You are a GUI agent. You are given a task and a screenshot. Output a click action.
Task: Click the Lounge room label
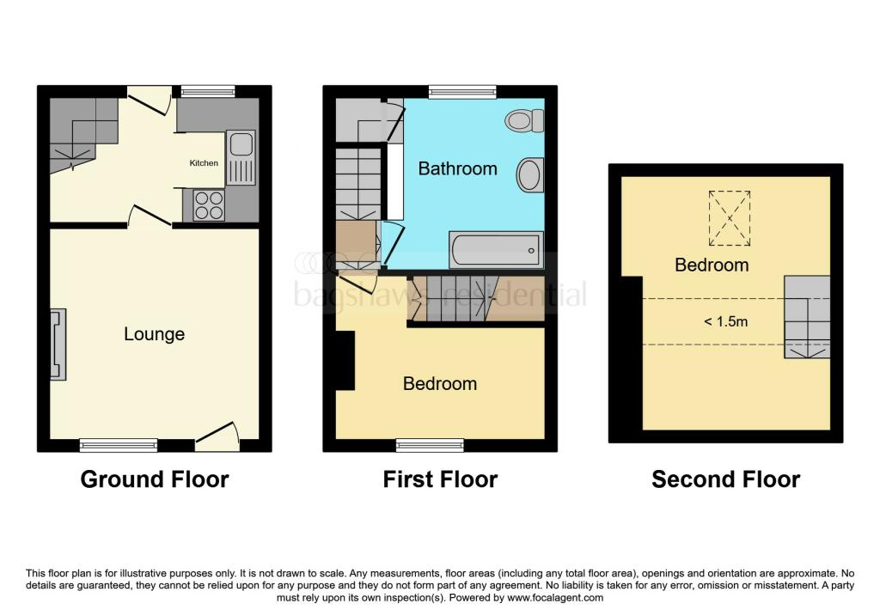point(154,334)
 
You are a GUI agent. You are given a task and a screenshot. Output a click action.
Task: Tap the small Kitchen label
point(204,163)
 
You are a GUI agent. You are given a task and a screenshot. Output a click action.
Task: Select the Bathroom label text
point(457,168)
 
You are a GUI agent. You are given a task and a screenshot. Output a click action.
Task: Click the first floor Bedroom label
point(439,383)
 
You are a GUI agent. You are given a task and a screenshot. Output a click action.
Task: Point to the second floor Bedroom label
point(712,265)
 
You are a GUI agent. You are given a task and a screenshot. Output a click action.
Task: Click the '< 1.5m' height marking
point(724,321)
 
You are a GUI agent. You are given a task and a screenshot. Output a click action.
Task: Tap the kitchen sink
point(240,157)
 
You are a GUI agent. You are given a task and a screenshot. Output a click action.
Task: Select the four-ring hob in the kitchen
point(209,205)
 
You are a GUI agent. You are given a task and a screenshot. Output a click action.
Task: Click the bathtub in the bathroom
point(496,250)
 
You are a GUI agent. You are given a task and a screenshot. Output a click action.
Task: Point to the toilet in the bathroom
point(520,121)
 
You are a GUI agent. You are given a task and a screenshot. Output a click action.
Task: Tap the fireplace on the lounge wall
point(57,345)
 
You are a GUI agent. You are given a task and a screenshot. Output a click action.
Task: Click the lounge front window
point(119,444)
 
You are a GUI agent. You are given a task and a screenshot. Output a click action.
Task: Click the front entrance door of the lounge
point(217,436)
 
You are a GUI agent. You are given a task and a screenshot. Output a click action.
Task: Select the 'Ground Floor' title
point(155,479)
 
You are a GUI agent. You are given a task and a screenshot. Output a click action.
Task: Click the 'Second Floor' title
point(725,479)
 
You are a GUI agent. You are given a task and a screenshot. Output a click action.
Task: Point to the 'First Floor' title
point(440,479)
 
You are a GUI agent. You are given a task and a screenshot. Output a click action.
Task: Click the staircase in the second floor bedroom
point(806,318)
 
